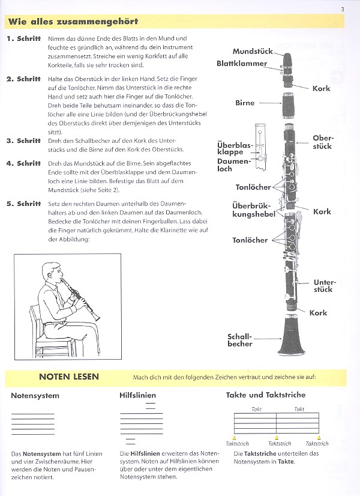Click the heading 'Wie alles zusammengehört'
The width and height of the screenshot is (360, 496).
point(73,22)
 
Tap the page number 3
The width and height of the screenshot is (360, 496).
point(342,8)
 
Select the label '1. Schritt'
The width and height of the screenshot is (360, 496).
point(23,39)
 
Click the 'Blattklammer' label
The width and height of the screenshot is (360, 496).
point(242,63)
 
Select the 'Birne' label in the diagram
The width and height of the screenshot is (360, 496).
point(245,103)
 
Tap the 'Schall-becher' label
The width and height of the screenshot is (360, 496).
point(240,340)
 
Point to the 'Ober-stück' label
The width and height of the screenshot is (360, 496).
point(322,142)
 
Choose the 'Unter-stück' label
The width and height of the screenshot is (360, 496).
point(323,285)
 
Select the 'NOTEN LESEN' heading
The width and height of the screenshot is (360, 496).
point(69,377)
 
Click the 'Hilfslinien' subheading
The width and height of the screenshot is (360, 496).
point(138,396)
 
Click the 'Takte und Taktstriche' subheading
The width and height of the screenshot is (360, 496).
point(266,395)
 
